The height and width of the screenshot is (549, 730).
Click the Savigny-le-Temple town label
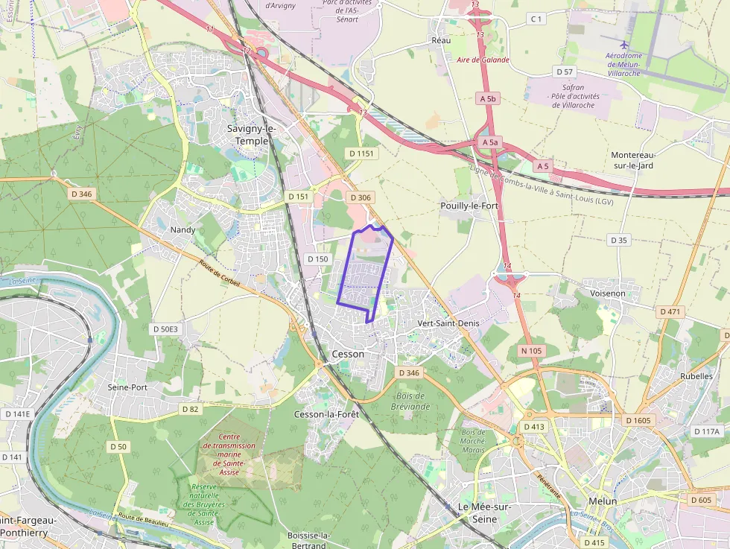pyautogui.click(x=251, y=134)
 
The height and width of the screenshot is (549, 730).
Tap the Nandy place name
pyautogui.click(x=182, y=229)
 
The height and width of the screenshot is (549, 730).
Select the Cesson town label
pyautogui.click(x=348, y=354)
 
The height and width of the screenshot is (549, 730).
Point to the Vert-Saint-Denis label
pyautogui.click(x=448, y=323)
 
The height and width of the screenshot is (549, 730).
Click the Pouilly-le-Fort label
pyautogui.click(x=469, y=205)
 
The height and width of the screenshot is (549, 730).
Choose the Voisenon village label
pyautogui.click(x=607, y=293)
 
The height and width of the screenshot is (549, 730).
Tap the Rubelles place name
pyautogui.click(x=696, y=376)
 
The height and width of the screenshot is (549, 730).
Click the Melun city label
pyautogui.click(x=603, y=501)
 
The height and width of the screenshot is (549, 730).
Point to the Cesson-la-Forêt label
pyautogui.click(x=326, y=414)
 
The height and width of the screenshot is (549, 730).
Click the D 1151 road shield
pyautogui.click(x=363, y=153)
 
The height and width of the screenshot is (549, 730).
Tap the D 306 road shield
pyautogui.click(x=360, y=197)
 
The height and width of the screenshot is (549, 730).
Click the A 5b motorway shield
pyautogui.click(x=488, y=98)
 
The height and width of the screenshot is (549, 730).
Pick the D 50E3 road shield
pyautogui.click(x=165, y=329)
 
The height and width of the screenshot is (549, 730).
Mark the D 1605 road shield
pyautogui.click(x=638, y=420)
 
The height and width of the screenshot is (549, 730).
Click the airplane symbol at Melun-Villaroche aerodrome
pyautogui.click(x=623, y=44)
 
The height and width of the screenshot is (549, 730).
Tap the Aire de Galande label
pyautogui.click(x=483, y=60)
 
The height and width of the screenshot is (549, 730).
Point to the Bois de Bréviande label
pyautogui.click(x=410, y=401)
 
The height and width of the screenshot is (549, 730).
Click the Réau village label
pyautogui.click(x=441, y=40)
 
